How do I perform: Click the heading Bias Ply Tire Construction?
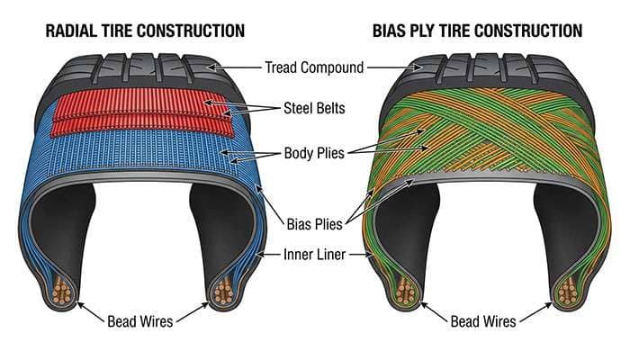click(477, 31)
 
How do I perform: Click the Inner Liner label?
click(315, 255)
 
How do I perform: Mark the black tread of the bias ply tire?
click(486, 67)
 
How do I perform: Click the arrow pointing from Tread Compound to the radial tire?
click(236, 66)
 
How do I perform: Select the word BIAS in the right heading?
click(391, 31)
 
